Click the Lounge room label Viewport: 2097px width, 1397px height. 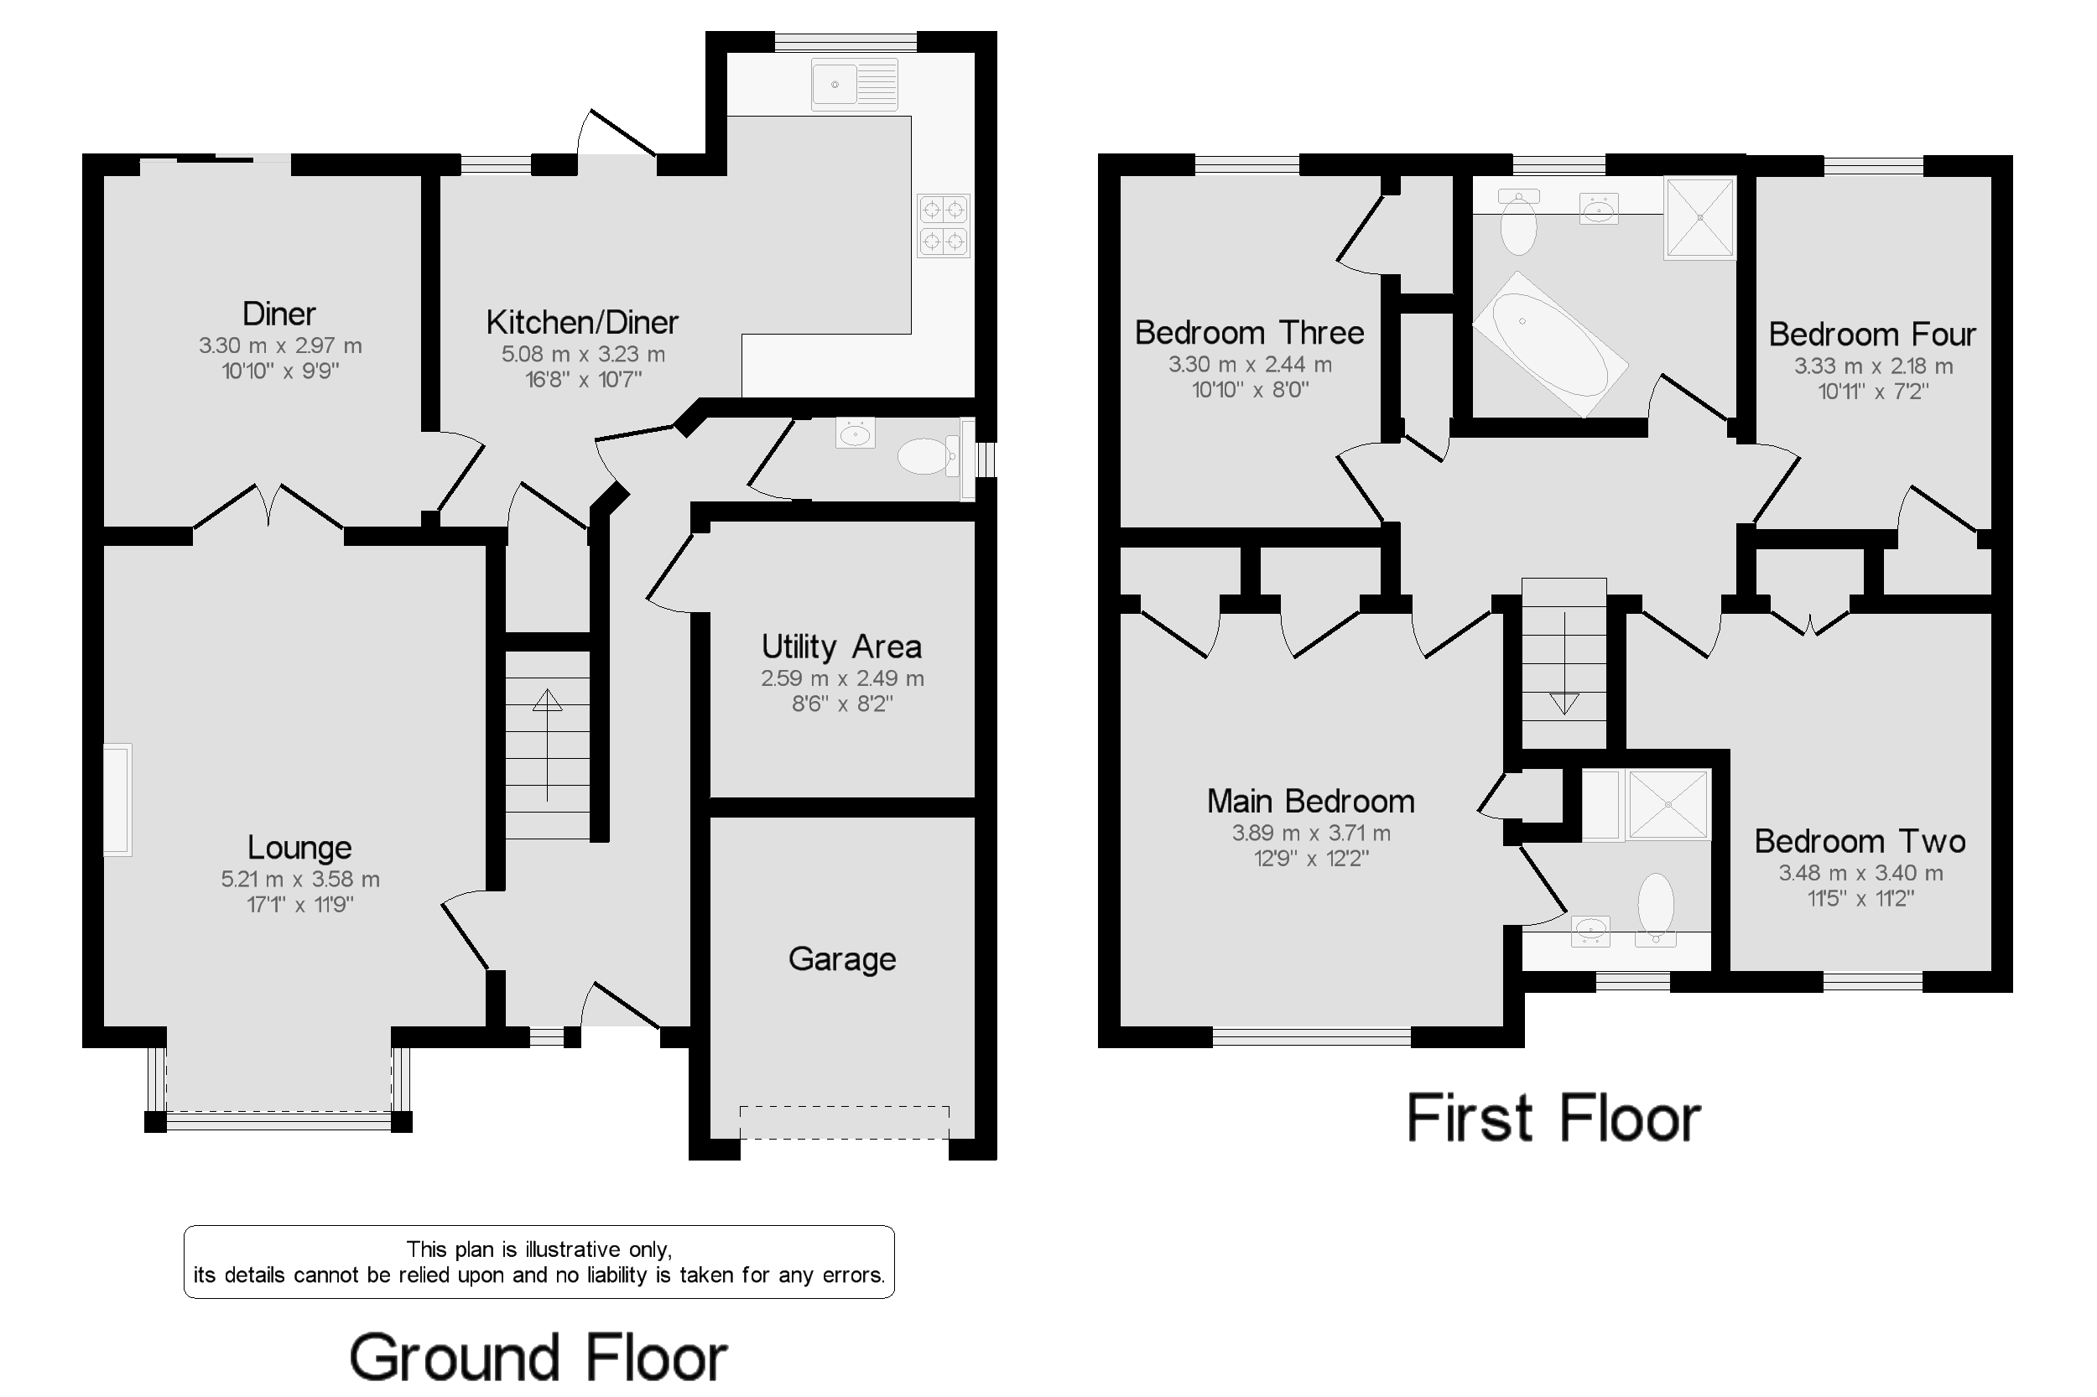coord(299,847)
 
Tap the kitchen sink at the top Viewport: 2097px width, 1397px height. coord(853,85)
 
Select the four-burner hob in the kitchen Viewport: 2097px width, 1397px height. coord(943,226)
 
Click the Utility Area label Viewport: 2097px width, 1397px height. coord(840,647)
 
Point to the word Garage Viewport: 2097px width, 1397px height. coord(841,959)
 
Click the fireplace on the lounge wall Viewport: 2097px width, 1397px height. coord(117,799)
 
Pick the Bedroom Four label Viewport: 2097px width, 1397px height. coord(1871,335)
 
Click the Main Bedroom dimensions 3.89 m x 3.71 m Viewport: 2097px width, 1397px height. coord(1310,833)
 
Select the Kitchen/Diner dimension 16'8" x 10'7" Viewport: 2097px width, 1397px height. coord(583,380)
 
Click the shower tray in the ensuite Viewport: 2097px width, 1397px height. coord(1668,803)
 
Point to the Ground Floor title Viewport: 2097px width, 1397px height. coord(538,1358)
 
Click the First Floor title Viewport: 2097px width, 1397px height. coord(1553,1119)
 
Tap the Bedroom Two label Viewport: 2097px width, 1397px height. coord(1859,842)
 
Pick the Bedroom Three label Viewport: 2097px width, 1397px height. coord(1249,333)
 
